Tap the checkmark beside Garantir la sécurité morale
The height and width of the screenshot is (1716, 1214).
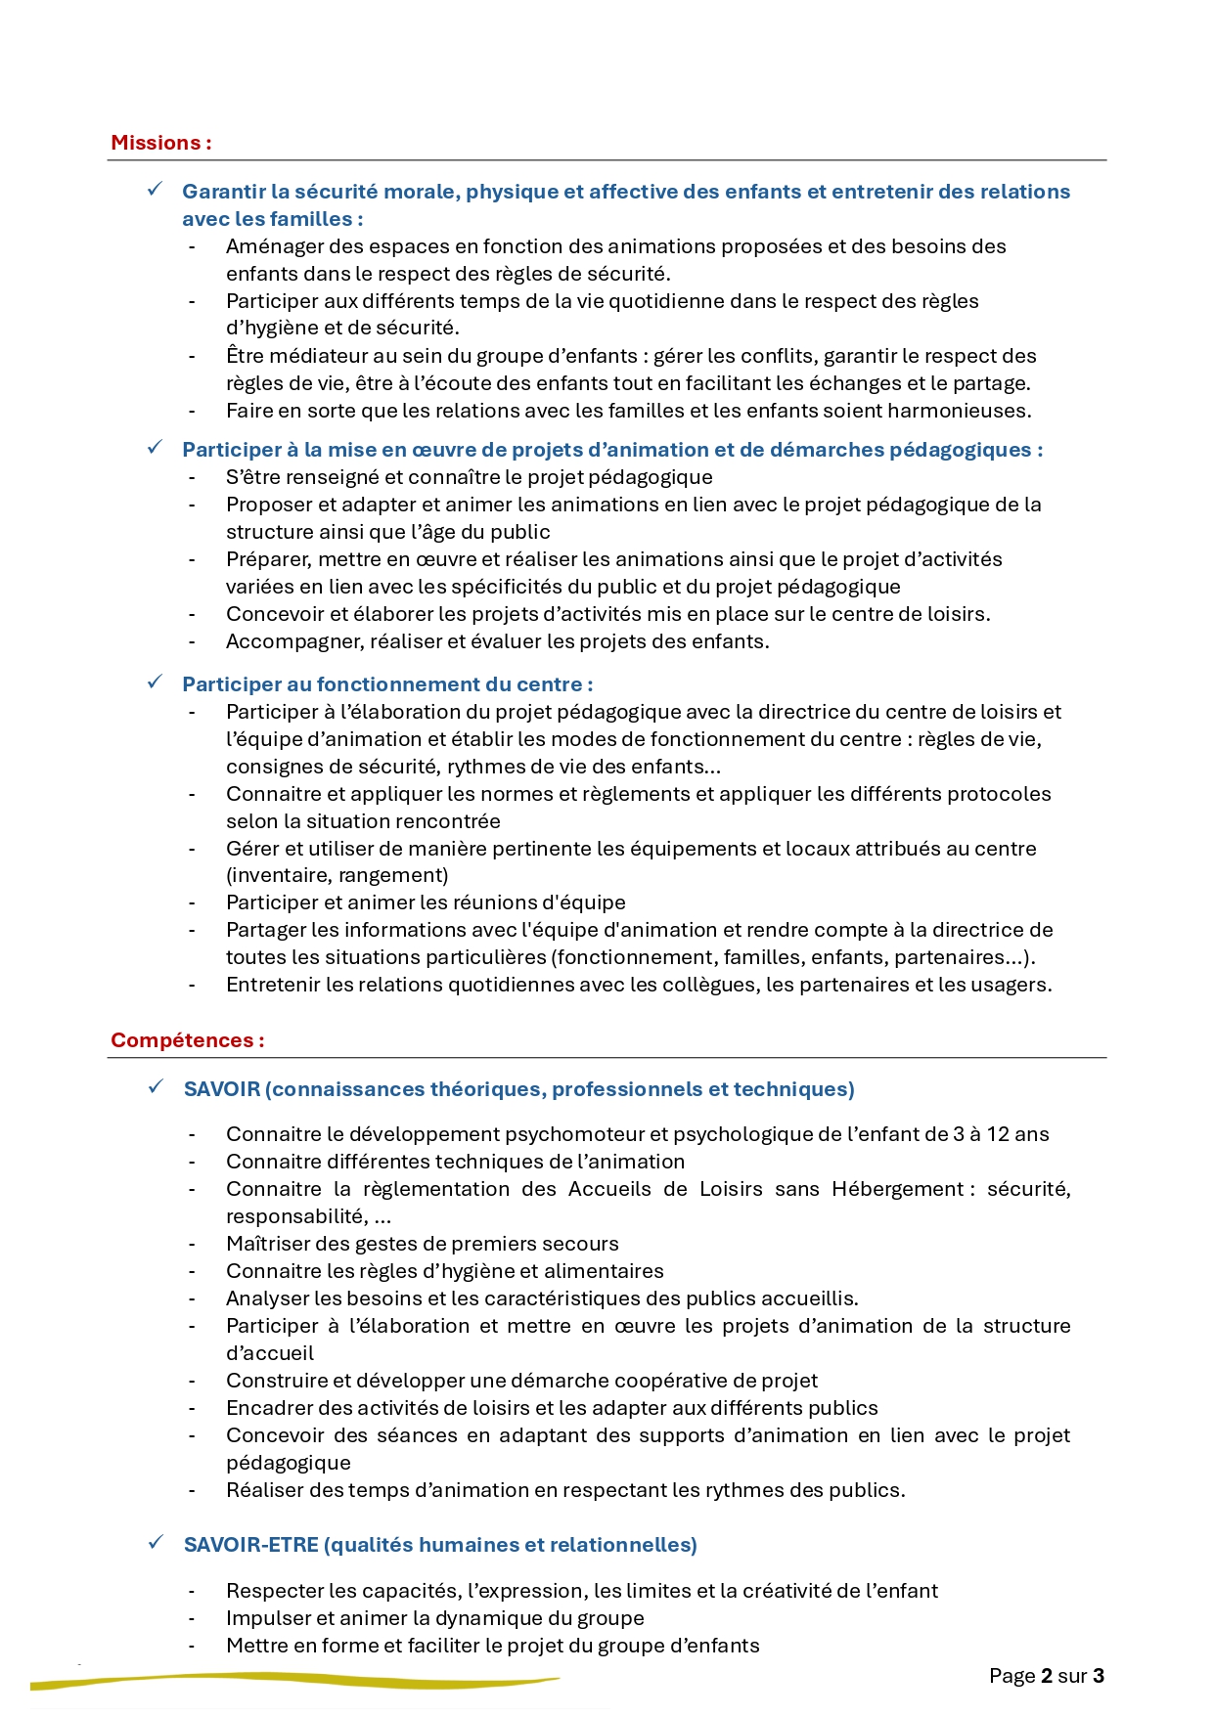[x=155, y=190]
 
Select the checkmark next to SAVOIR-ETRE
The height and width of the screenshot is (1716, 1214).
[x=156, y=1543]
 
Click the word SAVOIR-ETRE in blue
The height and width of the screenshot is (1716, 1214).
[x=250, y=1545]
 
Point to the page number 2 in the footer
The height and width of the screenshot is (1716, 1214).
[x=1047, y=1676]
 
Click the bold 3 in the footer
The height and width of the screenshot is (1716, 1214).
[x=1099, y=1676]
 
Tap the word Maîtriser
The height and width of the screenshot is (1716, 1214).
[x=266, y=1244]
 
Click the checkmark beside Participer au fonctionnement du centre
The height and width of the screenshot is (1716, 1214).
[x=155, y=682]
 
